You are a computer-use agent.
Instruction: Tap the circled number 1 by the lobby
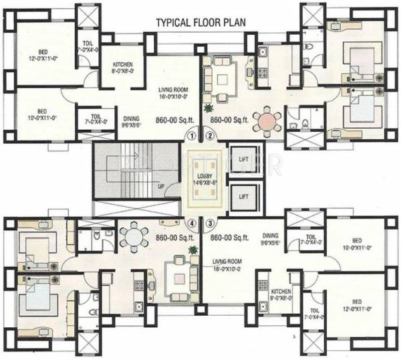point(192,136)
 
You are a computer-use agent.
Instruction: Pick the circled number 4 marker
point(192,224)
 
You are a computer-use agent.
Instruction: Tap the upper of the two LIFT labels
point(243,160)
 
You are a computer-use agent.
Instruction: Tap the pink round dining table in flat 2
point(269,121)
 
